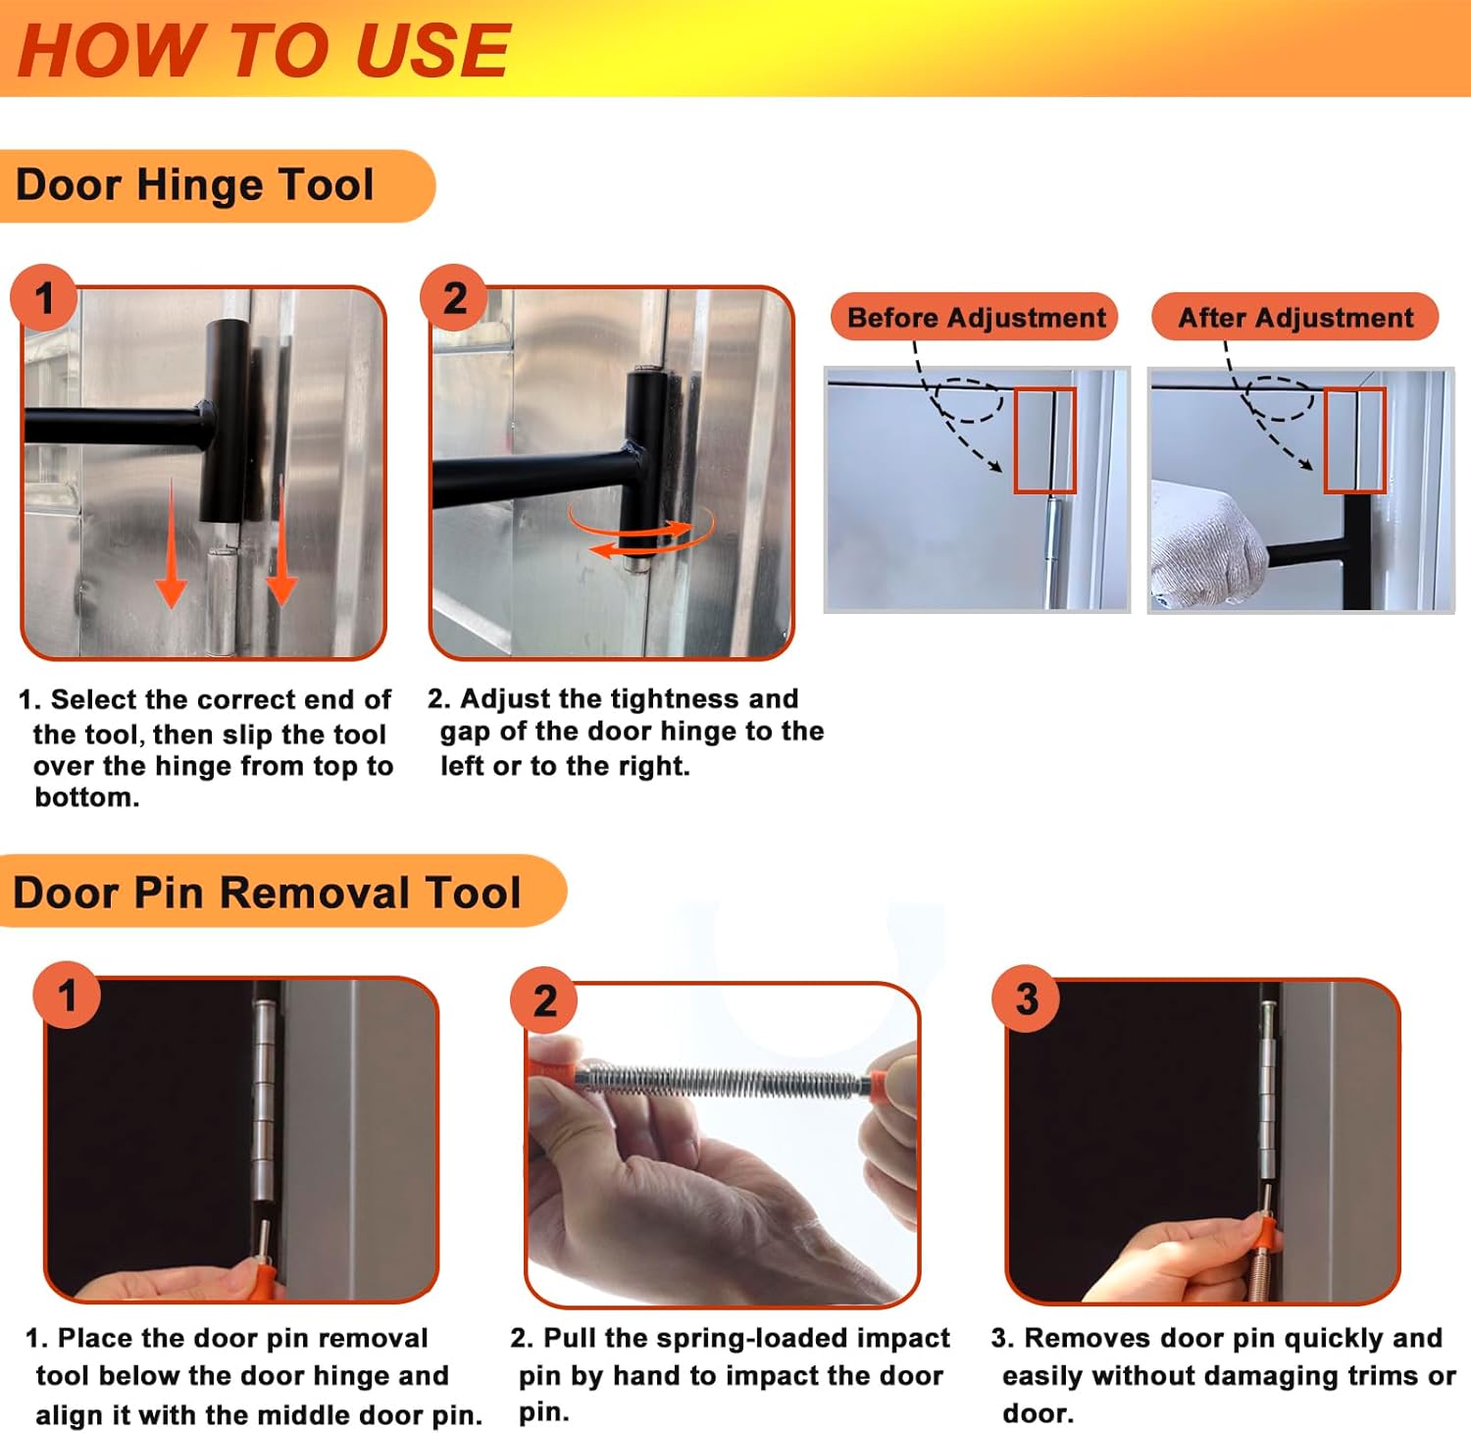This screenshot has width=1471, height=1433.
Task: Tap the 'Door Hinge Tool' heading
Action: [195, 184]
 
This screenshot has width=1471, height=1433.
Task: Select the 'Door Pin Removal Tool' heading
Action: [267, 893]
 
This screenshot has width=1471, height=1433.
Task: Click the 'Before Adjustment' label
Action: [976, 318]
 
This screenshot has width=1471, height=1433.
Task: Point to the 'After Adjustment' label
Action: [1295, 318]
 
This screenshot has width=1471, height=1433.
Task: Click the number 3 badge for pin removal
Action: [1026, 999]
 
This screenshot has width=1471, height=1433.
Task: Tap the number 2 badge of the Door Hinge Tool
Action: [454, 298]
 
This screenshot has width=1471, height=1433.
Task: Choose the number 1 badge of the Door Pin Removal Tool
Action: [67, 996]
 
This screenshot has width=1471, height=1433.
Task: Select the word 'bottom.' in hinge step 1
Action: [87, 797]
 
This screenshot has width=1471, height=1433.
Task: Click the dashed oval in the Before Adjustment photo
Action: [969, 400]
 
